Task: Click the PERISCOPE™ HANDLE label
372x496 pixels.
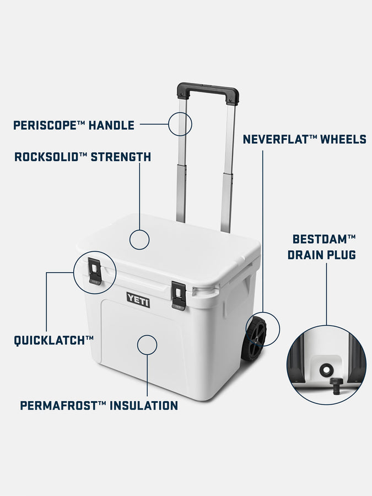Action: coord(74,125)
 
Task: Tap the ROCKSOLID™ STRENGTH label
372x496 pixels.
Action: coord(83,157)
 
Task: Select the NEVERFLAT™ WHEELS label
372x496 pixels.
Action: coord(304,139)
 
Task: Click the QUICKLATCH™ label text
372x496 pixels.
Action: coord(53,340)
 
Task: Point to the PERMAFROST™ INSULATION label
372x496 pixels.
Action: coord(99,406)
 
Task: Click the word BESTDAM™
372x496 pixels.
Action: coord(324,239)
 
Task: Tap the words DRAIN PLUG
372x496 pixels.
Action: coord(321,255)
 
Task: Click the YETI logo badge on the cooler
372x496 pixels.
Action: coord(138,299)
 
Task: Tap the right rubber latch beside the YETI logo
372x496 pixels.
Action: coord(178,295)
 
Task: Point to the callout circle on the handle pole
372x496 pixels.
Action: coord(180,123)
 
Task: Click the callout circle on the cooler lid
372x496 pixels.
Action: coord(139,240)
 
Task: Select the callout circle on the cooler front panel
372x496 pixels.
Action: coord(147,344)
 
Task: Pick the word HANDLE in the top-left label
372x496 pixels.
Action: coord(111,125)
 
